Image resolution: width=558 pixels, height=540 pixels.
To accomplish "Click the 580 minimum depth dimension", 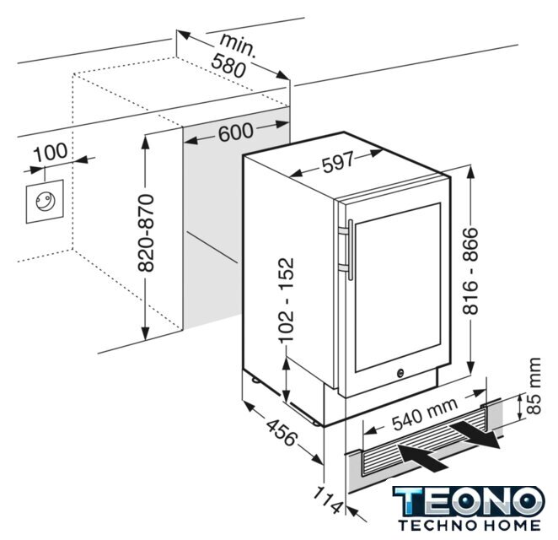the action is click(228, 66).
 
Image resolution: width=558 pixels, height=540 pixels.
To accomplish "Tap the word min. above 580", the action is click(238, 45).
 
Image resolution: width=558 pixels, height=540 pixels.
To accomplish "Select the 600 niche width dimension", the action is click(236, 132).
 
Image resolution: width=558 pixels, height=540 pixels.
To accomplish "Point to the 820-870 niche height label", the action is click(146, 234).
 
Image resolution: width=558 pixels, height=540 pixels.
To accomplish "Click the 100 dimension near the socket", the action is click(51, 151).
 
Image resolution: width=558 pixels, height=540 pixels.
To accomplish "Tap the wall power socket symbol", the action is click(45, 202).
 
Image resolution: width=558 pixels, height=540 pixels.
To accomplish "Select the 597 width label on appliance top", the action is click(338, 162).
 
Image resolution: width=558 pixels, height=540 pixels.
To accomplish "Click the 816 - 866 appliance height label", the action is click(470, 271).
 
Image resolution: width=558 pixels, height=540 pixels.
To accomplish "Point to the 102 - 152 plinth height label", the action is click(287, 300).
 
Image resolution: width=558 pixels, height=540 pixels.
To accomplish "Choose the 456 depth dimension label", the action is click(282, 432).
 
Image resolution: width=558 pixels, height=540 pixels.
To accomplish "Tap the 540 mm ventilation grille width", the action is click(425, 414).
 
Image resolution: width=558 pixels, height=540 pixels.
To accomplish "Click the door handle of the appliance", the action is click(351, 250).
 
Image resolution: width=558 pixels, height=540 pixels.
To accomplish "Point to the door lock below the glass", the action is click(400, 373).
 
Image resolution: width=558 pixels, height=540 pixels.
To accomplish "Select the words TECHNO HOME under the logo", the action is click(469, 526).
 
